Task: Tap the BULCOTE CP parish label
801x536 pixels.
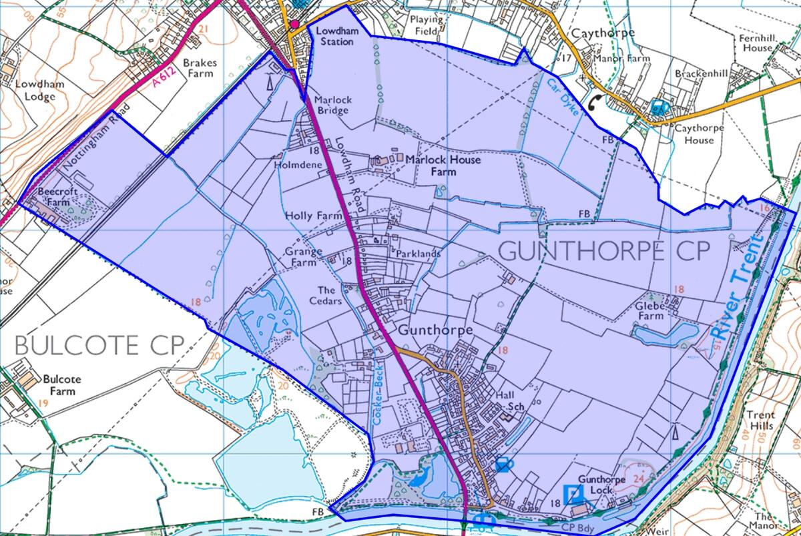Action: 99,345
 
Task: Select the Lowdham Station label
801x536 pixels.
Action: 335,36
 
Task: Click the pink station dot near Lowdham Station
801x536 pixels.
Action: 294,25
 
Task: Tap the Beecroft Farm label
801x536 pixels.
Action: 53,197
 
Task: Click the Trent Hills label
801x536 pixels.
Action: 760,420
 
